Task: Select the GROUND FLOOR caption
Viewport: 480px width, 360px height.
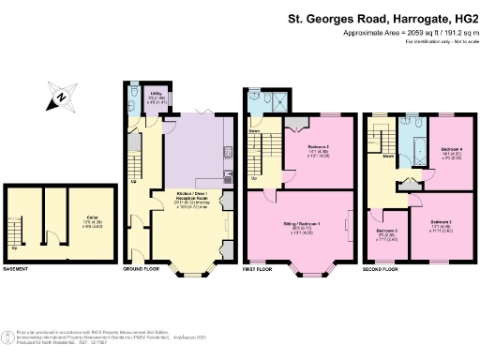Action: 142,269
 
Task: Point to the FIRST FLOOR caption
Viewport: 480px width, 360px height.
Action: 261,269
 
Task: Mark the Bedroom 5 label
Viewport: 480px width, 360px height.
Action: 387,233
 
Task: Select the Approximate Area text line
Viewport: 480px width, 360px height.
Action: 405,33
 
